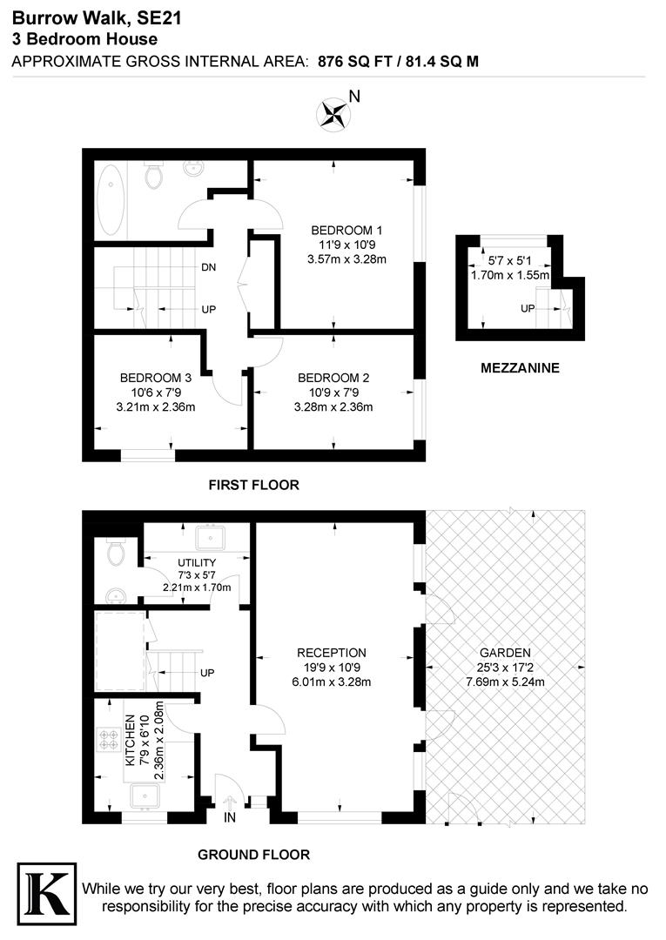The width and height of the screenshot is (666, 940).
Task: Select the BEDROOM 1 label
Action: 346,230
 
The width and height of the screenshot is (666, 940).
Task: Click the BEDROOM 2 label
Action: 333,378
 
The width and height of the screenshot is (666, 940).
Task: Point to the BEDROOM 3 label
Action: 155,378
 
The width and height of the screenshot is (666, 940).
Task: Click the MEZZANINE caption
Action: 520,368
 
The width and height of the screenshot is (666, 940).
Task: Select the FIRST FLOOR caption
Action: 253,484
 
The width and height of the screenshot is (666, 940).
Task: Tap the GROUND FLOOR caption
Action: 253,855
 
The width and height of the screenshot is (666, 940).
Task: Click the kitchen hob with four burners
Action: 111,739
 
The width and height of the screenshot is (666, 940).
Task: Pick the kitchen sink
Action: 144,796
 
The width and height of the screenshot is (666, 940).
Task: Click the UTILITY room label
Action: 196,563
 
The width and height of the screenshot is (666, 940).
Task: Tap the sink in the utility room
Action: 208,534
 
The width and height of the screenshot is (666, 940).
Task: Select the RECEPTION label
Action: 332,652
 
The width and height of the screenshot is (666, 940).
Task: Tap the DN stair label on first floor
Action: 209,267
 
